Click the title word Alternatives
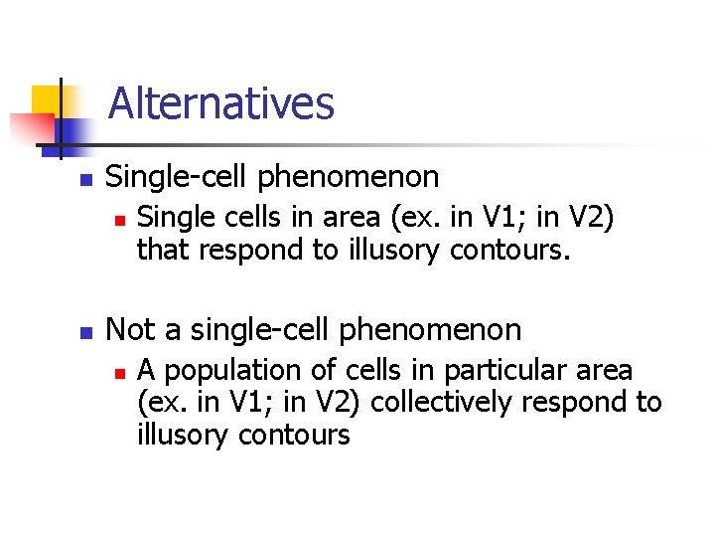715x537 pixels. [220, 102]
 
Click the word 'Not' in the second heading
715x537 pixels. [127, 329]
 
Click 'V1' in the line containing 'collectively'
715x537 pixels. [250, 403]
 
